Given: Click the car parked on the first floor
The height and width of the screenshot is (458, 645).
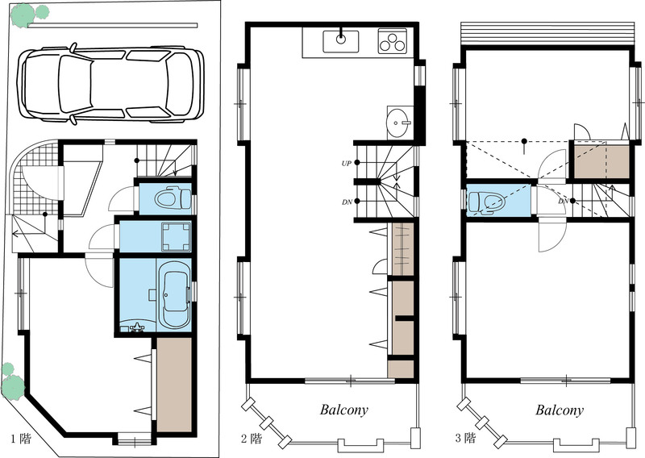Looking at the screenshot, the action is pyautogui.click(x=110, y=85).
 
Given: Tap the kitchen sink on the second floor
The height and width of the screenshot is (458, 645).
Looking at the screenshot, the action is pyautogui.click(x=340, y=41).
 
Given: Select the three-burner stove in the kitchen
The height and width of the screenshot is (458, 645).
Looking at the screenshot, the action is pyautogui.click(x=393, y=41).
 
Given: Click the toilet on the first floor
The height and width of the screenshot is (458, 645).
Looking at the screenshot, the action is pyautogui.click(x=173, y=199).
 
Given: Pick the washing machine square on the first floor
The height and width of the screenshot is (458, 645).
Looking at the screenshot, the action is pyautogui.click(x=176, y=236).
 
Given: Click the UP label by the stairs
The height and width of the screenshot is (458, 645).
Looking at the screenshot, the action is pyautogui.click(x=347, y=164).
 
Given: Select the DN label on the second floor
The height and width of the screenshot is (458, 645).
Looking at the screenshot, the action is pyautogui.click(x=347, y=202).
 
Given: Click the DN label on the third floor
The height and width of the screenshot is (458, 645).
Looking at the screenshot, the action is pyautogui.click(x=563, y=202).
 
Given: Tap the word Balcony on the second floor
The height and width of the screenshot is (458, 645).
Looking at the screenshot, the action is pyautogui.click(x=344, y=410).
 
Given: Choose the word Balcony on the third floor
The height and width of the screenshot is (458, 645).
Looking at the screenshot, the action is pyautogui.click(x=560, y=410).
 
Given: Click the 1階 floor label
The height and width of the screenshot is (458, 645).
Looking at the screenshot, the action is pyautogui.click(x=21, y=439).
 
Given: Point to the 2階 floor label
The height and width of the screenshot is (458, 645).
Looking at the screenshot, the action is pyautogui.click(x=251, y=439).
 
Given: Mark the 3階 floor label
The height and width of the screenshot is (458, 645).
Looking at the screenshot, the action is pyautogui.click(x=465, y=438).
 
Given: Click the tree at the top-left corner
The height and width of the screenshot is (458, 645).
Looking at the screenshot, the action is pyautogui.click(x=29, y=14).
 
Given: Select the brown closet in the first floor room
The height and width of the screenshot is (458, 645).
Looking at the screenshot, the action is pyautogui.click(x=174, y=385).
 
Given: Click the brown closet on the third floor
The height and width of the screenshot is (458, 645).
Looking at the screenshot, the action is pyautogui.click(x=601, y=161).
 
